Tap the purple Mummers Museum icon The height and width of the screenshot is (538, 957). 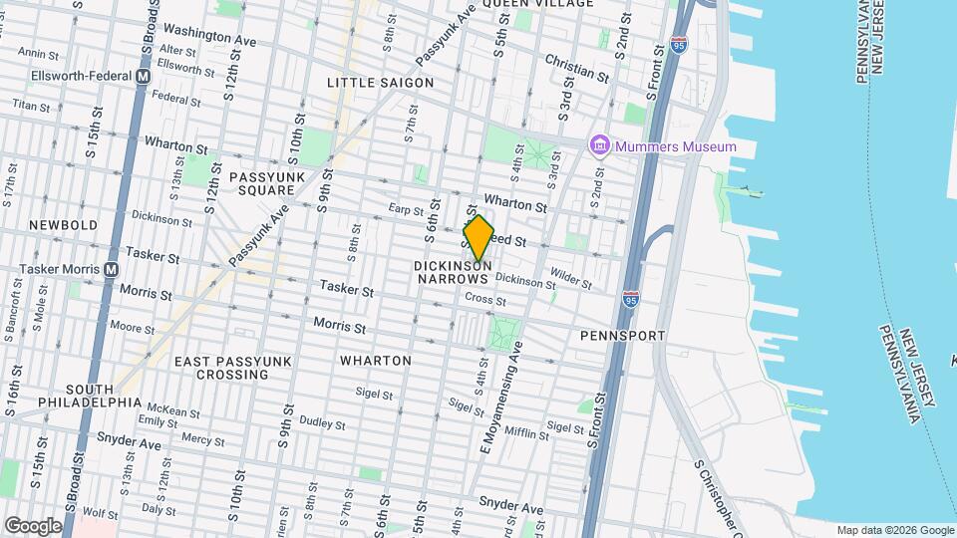[599, 146]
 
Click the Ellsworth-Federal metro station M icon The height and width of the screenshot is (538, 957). [144, 76]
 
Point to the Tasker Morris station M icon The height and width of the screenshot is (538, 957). [111, 269]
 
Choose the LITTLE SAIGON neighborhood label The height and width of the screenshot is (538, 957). [381, 83]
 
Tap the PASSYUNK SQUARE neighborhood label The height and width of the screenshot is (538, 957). [262, 183]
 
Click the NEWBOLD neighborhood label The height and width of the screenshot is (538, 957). [63, 225]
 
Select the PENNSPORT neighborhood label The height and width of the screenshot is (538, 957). [622, 336]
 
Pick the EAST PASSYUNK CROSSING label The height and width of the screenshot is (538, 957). [221, 368]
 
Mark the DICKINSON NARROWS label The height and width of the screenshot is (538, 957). [452, 273]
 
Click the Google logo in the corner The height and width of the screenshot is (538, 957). [33, 526]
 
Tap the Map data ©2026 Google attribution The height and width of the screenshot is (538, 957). [894, 530]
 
